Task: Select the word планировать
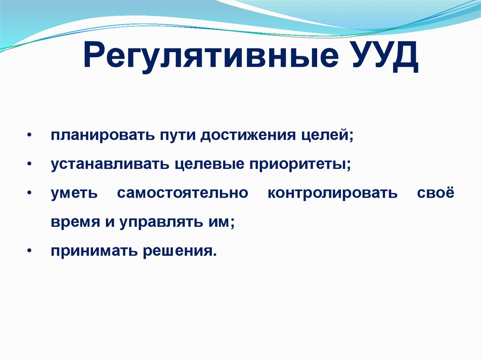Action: coord(103,135)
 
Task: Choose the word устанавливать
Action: coord(110,165)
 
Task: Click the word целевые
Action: coord(209,165)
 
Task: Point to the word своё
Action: coord(435,192)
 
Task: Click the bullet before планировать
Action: coord(30,135)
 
